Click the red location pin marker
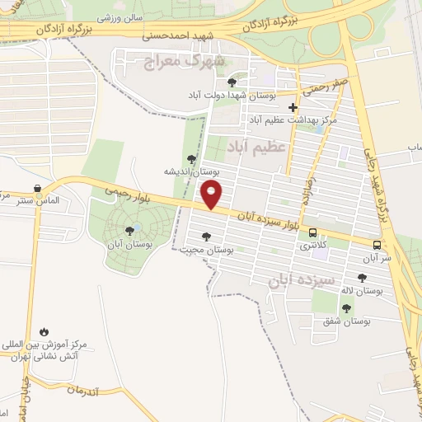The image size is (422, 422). point(213,195)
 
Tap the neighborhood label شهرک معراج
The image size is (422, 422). point(184,60)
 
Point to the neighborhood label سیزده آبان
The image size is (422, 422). point(301,280)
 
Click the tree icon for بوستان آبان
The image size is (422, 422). point(129,232)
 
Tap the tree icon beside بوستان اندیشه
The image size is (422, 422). point(191,159)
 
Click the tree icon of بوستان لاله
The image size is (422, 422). point(362,278)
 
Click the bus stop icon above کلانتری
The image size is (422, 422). point(312,232)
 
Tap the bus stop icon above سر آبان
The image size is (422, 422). point(377,245)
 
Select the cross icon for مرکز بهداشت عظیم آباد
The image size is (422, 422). point(293,108)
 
